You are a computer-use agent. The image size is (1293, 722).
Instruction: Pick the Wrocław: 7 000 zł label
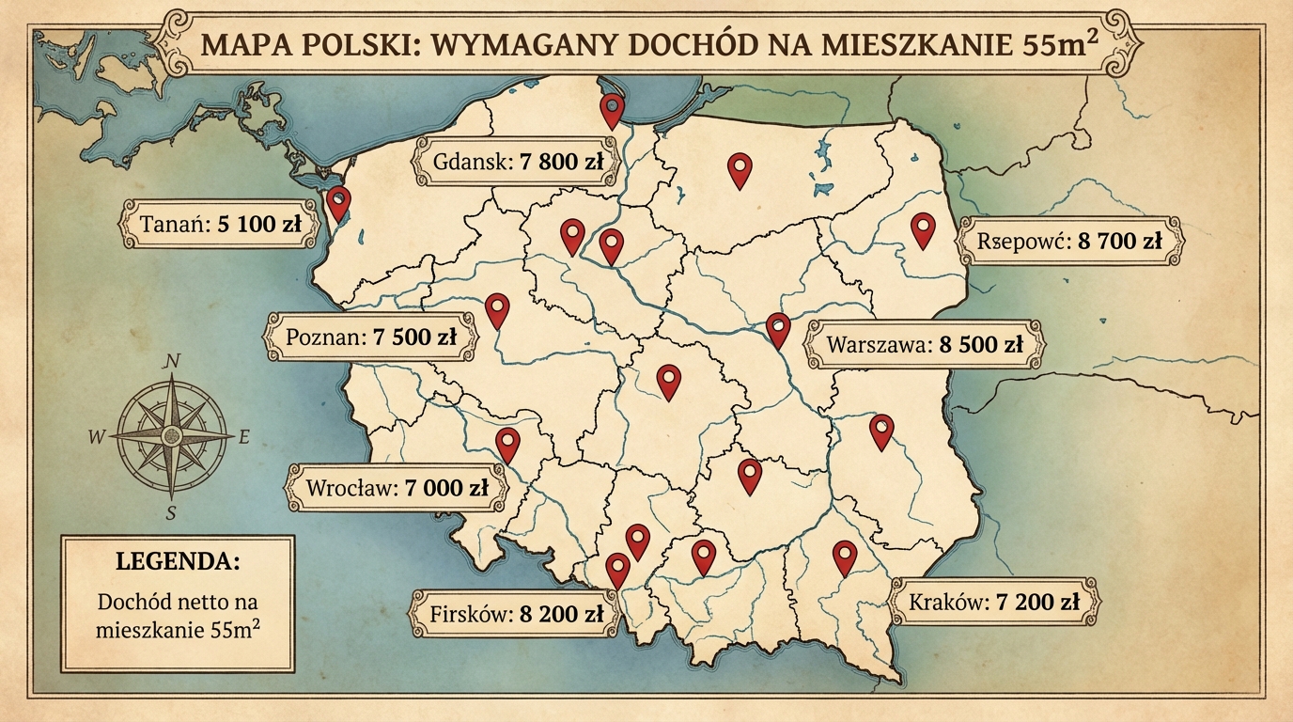397,489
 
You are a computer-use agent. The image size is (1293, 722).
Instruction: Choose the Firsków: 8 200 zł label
516,615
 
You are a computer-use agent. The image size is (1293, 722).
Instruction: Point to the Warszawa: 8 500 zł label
925,345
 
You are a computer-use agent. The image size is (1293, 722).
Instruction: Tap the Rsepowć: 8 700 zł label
1069,241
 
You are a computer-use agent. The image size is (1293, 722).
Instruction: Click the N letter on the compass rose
172,361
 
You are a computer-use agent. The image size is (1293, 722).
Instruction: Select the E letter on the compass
244,437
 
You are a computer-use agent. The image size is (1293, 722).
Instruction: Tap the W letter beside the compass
96,437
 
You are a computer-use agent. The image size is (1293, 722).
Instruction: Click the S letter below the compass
171,512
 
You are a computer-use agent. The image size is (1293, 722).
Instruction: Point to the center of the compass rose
171,436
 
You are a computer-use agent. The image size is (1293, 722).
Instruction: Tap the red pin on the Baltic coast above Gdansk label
613,109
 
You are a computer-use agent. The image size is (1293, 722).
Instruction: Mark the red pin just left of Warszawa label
778,329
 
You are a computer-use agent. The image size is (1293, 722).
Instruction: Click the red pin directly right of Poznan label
497,309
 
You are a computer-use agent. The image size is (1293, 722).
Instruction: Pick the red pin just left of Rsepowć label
924,228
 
